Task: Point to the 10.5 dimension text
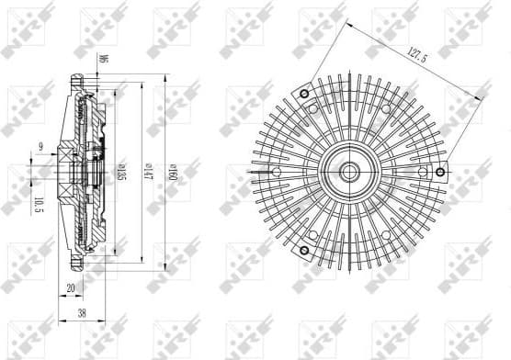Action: click(x=40, y=202)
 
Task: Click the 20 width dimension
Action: click(x=71, y=288)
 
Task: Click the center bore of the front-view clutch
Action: click(x=352, y=171)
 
